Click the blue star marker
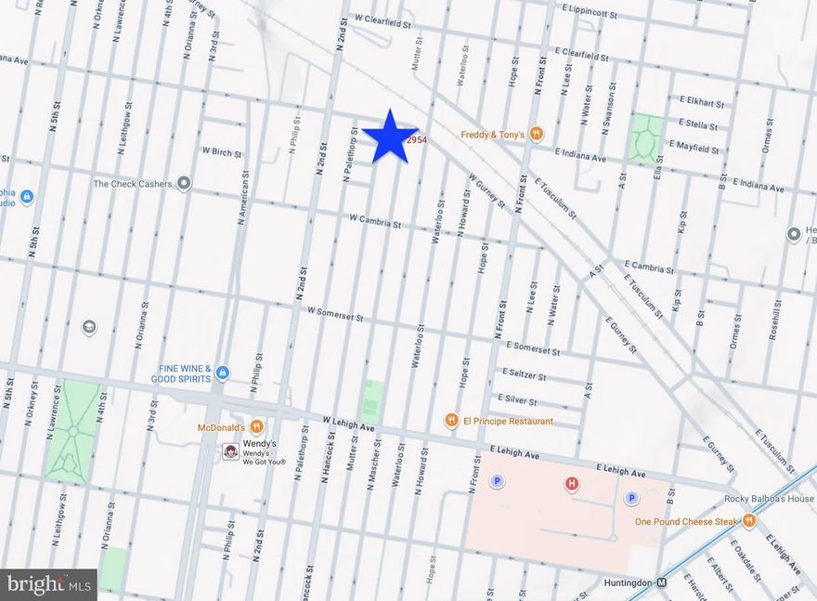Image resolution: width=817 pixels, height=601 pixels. [389, 137]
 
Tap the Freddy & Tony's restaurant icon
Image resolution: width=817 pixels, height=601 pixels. [536, 135]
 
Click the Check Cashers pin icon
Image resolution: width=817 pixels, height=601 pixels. [184, 184]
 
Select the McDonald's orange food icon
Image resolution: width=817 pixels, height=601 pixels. [256, 427]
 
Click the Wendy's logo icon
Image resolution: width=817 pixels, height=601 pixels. [230, 451]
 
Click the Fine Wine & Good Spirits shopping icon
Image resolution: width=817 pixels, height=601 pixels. [222, 373]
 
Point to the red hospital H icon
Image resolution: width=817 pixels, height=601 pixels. [572, 483]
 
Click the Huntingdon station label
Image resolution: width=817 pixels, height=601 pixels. [623, 583]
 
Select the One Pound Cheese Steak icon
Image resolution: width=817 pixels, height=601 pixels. [749, 521]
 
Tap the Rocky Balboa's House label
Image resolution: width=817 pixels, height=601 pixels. [769, 499]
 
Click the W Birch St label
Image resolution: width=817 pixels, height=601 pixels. [221, 151]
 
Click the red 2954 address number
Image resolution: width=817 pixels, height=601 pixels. [417, 139]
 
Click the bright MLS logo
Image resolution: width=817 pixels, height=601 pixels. [48, 584]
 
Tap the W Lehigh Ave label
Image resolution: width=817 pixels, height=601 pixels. [348, 423]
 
